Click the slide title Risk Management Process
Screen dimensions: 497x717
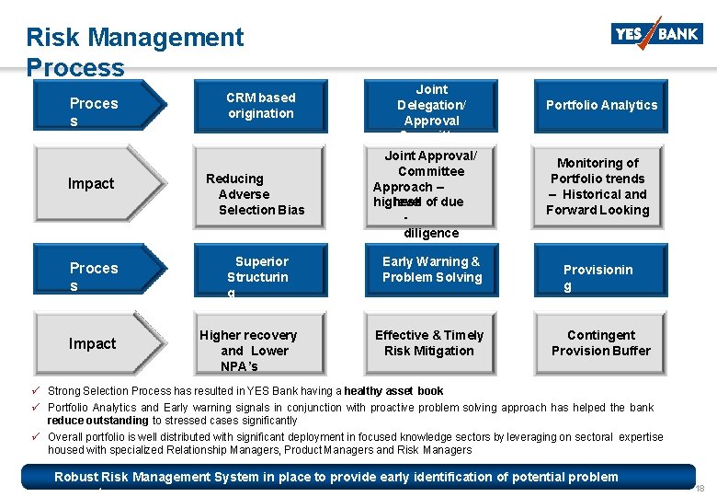coord(134,52)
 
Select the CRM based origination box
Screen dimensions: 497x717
coord(261,106)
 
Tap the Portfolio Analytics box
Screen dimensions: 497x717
coord(602,106)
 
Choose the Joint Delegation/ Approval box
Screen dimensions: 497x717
coord(431,106)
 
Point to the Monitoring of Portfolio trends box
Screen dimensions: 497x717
coord(597,187)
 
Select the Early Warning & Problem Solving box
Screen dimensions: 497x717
coord(431,270)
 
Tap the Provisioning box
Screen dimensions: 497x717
coord(598,277)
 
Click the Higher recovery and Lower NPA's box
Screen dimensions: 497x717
coord(248,351)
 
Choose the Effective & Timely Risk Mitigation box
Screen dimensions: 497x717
coord(429,342)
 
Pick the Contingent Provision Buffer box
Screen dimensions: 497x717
coord(601,342)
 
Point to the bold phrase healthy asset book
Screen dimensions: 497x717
coord(393,391)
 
